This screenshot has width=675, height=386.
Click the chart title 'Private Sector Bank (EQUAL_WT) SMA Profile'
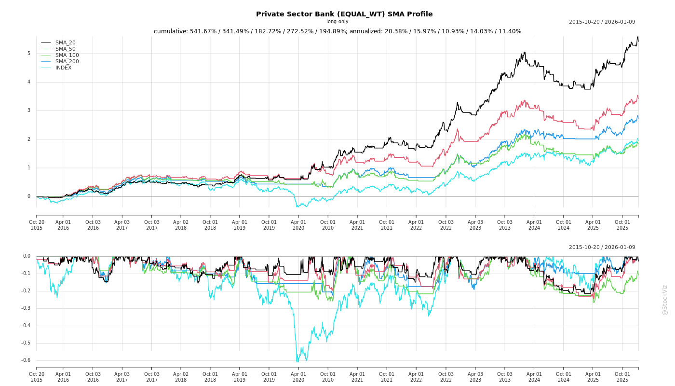click(344, 14)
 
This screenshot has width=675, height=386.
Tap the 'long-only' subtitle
click(337, 22)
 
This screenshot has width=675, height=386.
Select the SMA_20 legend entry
click(65, 43)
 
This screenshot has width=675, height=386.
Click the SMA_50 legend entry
click(65, 49)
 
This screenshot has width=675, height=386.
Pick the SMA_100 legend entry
click(67, 55)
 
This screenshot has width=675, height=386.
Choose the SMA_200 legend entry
click(67, 62)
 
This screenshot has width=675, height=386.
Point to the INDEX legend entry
click(63, 68)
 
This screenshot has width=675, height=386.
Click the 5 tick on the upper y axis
click(28, 54)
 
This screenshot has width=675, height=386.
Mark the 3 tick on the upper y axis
click(28, 110)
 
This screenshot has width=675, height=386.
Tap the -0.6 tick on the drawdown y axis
click(26, 360)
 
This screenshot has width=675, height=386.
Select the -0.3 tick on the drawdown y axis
click(26, 308)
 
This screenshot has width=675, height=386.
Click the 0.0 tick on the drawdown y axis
click(27, 256)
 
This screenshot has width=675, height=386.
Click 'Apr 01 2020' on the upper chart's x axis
click(298, 225)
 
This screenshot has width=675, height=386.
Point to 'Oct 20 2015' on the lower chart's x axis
click(37, 377)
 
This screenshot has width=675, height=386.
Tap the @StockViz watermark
click(665, 300)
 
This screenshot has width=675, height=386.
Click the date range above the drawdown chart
click(602, 248)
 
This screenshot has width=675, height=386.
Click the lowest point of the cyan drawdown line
click(297, 361)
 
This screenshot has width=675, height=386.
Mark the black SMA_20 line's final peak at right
click(637, 37)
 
